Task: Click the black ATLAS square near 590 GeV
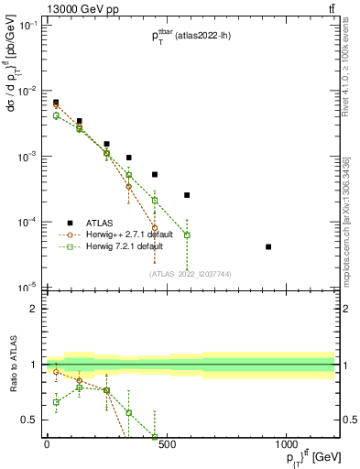click(187, 195)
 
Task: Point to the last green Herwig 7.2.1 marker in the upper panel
click(187, 234)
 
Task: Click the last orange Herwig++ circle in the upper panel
click(155, 227)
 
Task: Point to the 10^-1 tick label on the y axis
click(27, 26)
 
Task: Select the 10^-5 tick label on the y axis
click(27, 288)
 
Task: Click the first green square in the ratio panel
click(56, 402)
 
